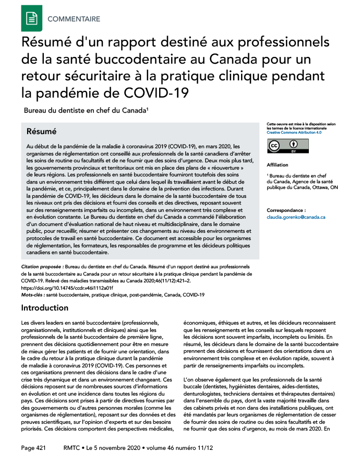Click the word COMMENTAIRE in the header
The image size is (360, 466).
pos(74,19)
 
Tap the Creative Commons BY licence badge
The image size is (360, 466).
pos(282,146)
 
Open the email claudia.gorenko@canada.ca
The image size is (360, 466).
pos(296,217)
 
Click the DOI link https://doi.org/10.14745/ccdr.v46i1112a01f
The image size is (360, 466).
pos(67,288)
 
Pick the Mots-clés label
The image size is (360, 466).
pos(33,295)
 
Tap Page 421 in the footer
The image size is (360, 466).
pos(34,448)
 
